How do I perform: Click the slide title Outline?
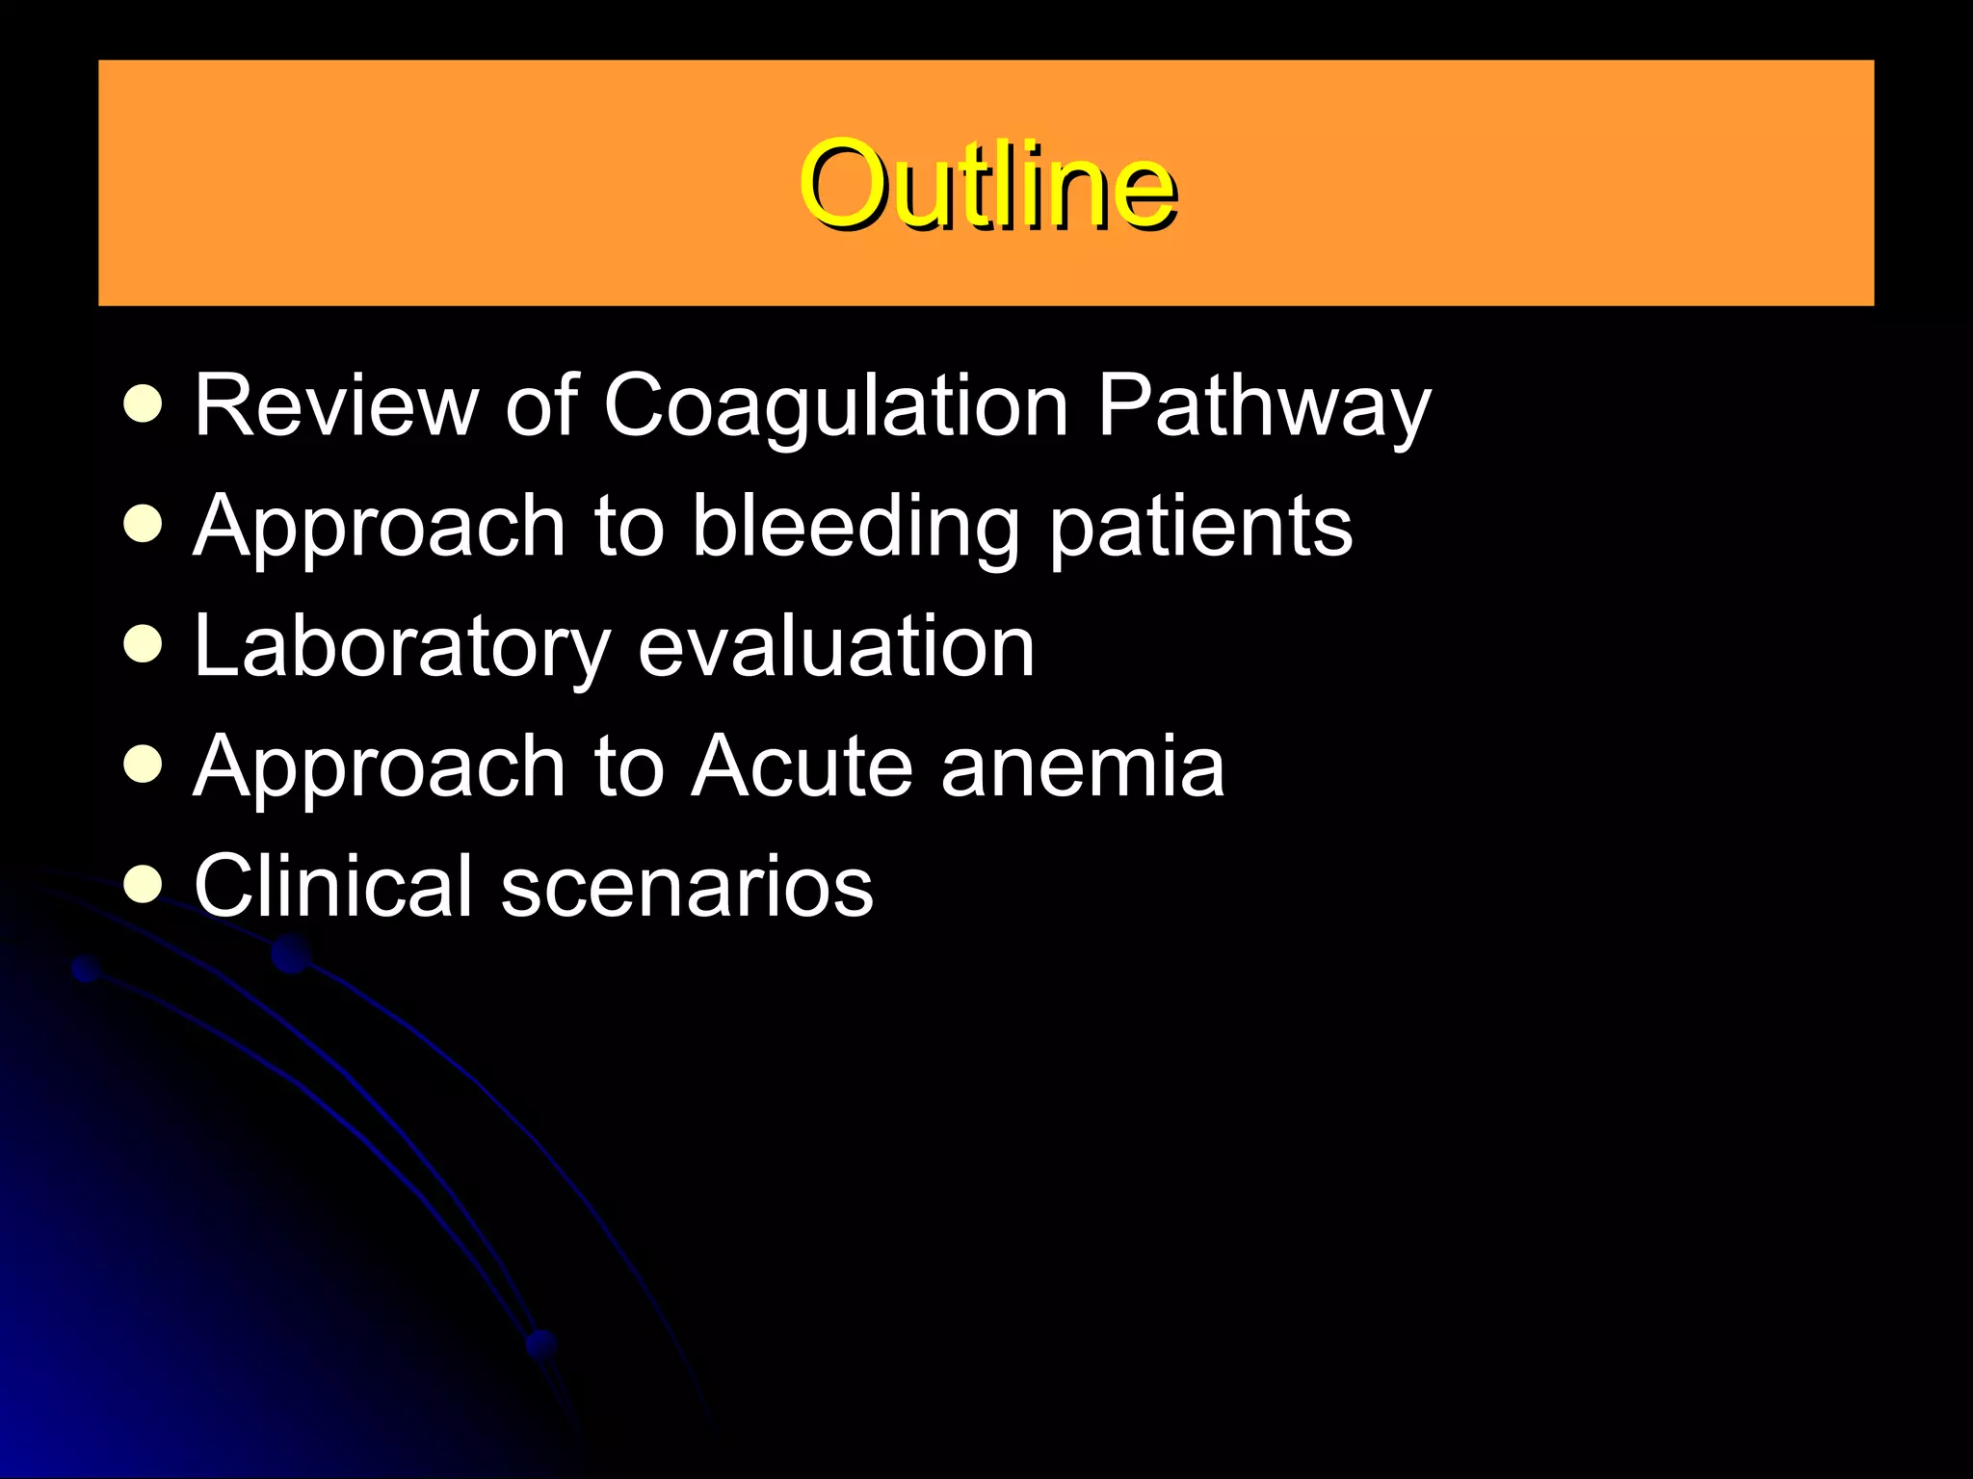pyautogui.click(x=986, y=185)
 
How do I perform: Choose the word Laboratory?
pyautogui.click(x=402, y=647)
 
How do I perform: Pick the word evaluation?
pyautogui.click(x=836, y=647)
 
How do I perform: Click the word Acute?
pyautogui.click(x=802, y=766)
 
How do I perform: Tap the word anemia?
pyautogui.click(x=1082, y=766)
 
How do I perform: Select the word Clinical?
pyautogui.click(x=332, y=886)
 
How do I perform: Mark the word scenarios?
pyautogui.click(x=687, y=888)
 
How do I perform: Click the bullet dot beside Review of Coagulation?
pyautogui.click(x=144, y=404)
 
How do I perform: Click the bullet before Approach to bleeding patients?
pyautogui.click(x=144, y=525)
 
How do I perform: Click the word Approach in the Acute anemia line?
pyautogui.click(x=379, y=767)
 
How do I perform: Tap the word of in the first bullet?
pyautogui.click(x=541, y=405)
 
